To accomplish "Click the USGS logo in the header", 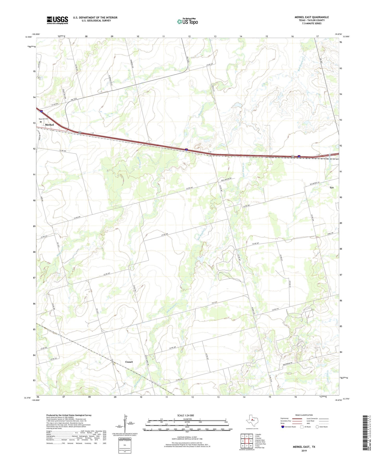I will click(57, 20).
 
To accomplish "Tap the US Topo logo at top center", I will click(187, 21).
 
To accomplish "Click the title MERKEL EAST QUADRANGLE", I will click(312, 17).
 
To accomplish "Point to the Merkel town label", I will click(49, 125).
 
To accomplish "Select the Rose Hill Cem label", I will click(44, 119).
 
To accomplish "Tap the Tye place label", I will click(331, 188).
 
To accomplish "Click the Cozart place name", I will click(129, 362).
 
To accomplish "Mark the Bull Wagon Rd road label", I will click(226, 180).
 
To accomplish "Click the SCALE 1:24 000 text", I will click(185, 415).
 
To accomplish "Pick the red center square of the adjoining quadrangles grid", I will click(247, 441).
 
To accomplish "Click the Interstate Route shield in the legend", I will click(283, 427).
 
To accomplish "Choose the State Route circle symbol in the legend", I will click(317, 427).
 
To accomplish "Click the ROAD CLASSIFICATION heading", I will click(304, 415).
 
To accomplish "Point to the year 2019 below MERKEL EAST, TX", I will click(304, 451).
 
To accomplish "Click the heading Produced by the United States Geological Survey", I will click(69, 415).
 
